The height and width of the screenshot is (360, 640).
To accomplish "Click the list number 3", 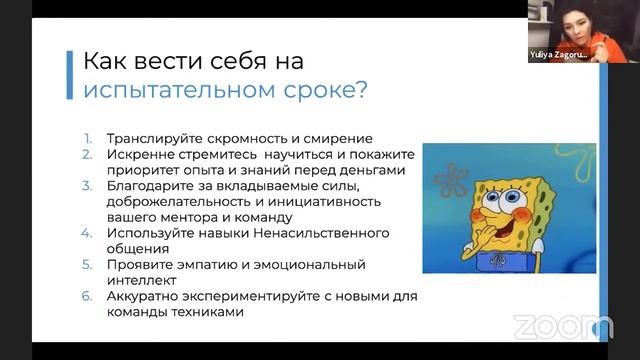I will coord(88,186).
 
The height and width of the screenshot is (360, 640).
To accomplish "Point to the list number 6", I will coord(88,297).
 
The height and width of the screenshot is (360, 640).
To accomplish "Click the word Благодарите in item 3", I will coord(151,186).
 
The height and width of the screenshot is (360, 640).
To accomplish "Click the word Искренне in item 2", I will coord(141,154).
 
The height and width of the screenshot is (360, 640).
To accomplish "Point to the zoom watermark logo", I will coord(562,327).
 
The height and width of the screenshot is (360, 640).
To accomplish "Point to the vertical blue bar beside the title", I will coord(69,74).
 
